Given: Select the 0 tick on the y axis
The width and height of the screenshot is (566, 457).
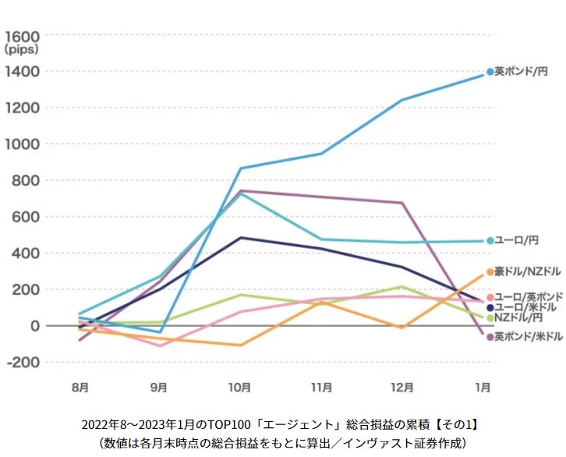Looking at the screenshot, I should (35, 326).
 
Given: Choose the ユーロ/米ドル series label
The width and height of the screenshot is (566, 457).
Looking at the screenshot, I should (525, 307).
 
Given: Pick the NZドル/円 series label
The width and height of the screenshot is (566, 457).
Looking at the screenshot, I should (519, 317).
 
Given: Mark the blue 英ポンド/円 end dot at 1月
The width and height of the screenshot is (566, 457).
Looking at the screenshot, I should (490, 72).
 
